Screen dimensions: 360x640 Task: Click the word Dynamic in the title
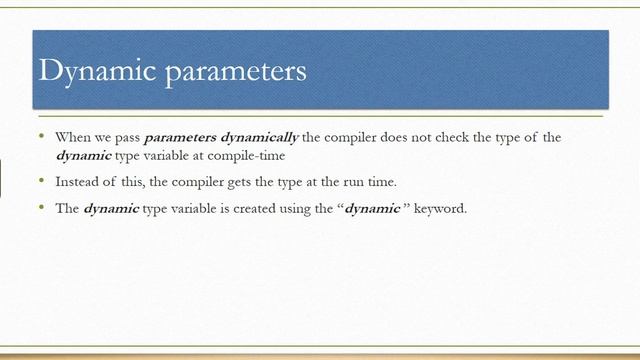(88, 72)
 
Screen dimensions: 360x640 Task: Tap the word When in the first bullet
(72, 137)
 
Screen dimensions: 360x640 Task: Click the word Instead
(76, 182)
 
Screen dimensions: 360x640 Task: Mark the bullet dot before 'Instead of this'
(41, 182)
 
